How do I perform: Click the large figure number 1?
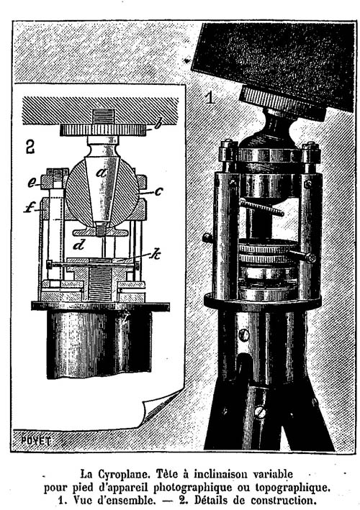pyautogui.click(x=210, y=97)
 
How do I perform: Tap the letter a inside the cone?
pyautogui.click(x=102, y=173)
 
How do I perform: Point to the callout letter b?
pyautogui.click(x=158, y=124)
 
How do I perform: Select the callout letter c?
pyautogui.click(x=158, y=191)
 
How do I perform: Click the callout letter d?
pyautogui.click(x=78, y=245)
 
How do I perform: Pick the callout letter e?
pyautogui.click(x=31, y=183)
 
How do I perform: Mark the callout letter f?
pyautogui.click(x=30, y=208)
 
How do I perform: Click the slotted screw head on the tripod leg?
pyautogui.click(x=260, y=413)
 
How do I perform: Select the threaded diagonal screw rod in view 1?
pyautogui.click(x=261, y=207)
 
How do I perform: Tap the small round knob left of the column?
pyautogui.click(x=207, y=238)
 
